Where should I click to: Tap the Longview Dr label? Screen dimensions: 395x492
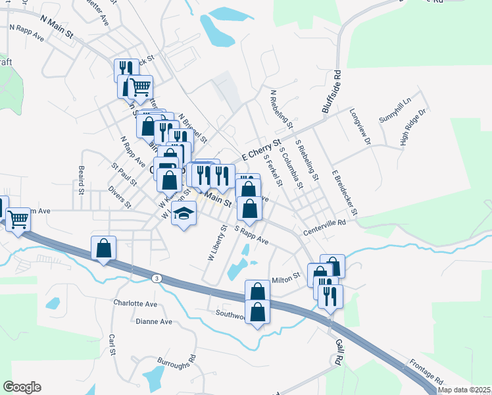(x=359, y=127)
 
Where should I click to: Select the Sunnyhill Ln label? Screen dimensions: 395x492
(x=394, y=110)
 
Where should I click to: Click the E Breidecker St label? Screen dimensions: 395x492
(x=344, y=191)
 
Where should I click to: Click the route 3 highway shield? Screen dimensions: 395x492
(x=156, y=278)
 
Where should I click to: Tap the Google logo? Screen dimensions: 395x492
(x=22, y=386)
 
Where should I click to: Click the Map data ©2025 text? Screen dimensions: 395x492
(x=464, y=390)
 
